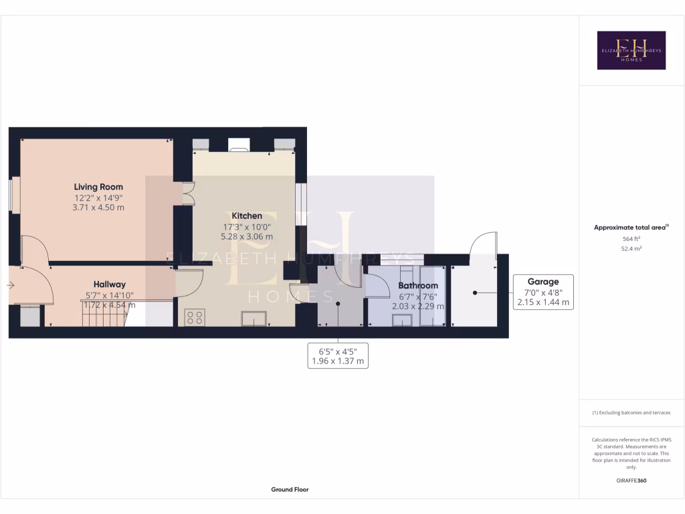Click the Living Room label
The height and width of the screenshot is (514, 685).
(x=98, y=187)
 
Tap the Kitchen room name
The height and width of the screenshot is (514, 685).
(x=247, y=216)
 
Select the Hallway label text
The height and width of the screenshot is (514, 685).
(x=109, y=284)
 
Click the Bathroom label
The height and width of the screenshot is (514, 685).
(x=418, y=286)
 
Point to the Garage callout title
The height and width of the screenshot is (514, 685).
(x=543, y=282)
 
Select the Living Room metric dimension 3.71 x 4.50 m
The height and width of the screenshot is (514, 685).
(x=98, y=207)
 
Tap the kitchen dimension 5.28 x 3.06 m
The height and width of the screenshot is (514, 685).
(x=247, y=236)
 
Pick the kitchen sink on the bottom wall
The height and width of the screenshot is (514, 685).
(x=254, y=319)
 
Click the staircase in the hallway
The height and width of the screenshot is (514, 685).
(x=103, y=313)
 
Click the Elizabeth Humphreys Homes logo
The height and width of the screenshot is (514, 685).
(x=631, y=50)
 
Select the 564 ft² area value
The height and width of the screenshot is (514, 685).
(x=631, y=238)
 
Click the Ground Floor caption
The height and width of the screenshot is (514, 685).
(x=290, y=489)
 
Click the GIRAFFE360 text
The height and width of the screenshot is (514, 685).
(x=631, y=481)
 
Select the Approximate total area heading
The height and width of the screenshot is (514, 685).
(x=631, y=228)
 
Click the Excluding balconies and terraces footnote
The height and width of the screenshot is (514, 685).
(x=631, y=413)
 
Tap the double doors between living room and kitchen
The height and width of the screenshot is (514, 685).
(x=188, y=194)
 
